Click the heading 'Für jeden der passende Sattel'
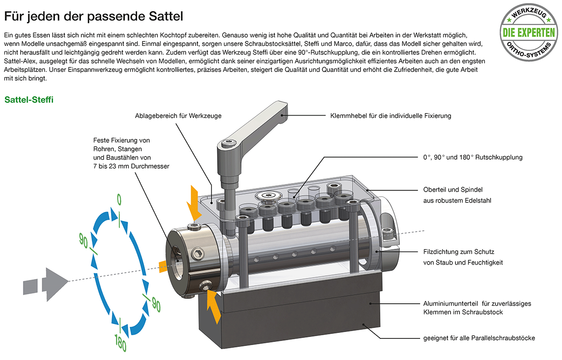[x=94, y=16]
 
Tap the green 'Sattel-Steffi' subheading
[x=29, y=99]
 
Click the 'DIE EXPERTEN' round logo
[x=529, y=32]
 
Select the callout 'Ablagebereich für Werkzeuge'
[x=178, y=116]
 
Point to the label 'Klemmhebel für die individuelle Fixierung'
[x=391, y=116]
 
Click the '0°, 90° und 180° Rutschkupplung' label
[x=473, y=157]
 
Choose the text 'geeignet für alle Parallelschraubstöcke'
[x=479, y=338]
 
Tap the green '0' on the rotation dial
[x=119, y=200]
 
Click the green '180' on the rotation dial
[x=120, y=343]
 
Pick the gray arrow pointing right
[x=46, y=285]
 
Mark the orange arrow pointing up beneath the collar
[x=214, y=307]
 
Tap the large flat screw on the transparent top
[x=267, y=196]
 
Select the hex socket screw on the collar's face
[x=197, y=254]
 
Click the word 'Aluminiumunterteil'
[x=450, y=303]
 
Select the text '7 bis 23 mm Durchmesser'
[x=131, y=166]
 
